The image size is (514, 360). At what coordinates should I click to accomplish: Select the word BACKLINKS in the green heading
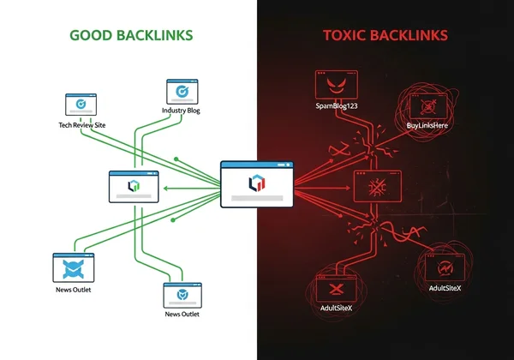tap(158, 35)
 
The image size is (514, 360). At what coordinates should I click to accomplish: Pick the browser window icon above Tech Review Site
tap(81, 105)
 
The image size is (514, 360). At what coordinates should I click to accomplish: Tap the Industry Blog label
tap(181, 111)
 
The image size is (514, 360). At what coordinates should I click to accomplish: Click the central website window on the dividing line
tap(257, 183)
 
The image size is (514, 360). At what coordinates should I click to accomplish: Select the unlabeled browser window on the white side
tap(134, 185)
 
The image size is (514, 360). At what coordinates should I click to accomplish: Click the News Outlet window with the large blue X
tap(74, 267)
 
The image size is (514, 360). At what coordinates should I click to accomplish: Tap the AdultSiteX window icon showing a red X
tap(338, 289)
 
